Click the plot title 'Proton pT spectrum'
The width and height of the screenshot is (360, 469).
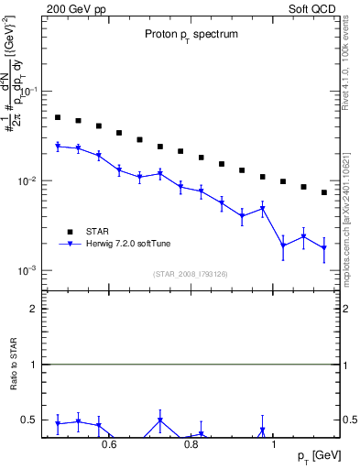pos(190,34)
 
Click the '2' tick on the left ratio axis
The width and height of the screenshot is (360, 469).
pos(35,310)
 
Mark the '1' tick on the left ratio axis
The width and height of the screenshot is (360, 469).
pos(35,365)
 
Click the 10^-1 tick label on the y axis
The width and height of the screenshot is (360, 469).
pos(29,92)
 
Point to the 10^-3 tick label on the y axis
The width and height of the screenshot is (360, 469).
pos(29,271)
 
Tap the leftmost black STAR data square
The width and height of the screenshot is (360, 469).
pos(58,117)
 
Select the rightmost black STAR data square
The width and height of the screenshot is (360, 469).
pos(324,192)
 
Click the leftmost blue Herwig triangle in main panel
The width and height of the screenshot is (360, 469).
pos(58,146)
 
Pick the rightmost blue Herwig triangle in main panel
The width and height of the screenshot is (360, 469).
pos(324,248)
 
